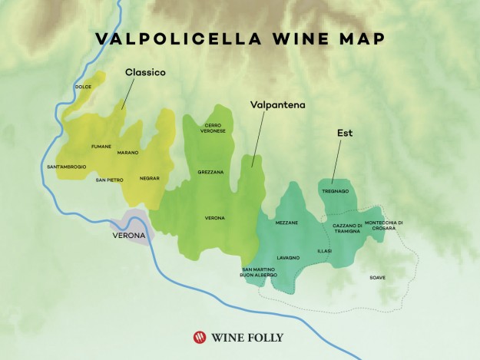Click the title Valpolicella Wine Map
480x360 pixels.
pyautogui.click(x=240, y=39)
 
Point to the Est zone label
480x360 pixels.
pyautogui.click(x=344, y=133)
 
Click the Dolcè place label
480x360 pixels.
pyautogui.click(x=84, y=87)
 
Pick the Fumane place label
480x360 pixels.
pyautogui.click(x=101, y=146)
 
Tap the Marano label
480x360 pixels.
pyautogui.click(x=128, y=152)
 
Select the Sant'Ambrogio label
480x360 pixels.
pyautogui.click(x=67, y=167)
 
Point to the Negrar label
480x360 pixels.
pyautogui.click(x=150, y=178)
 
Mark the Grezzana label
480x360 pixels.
pyautogui.click(x=210, y=172)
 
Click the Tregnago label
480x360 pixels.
pyautogui.click(x=336, y=190)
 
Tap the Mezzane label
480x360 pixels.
pyautogui.click(x=286, y=223)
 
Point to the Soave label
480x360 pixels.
pyautogui.click(x=377, y=277)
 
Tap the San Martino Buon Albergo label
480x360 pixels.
pyautogui.click(x=261, y=272)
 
